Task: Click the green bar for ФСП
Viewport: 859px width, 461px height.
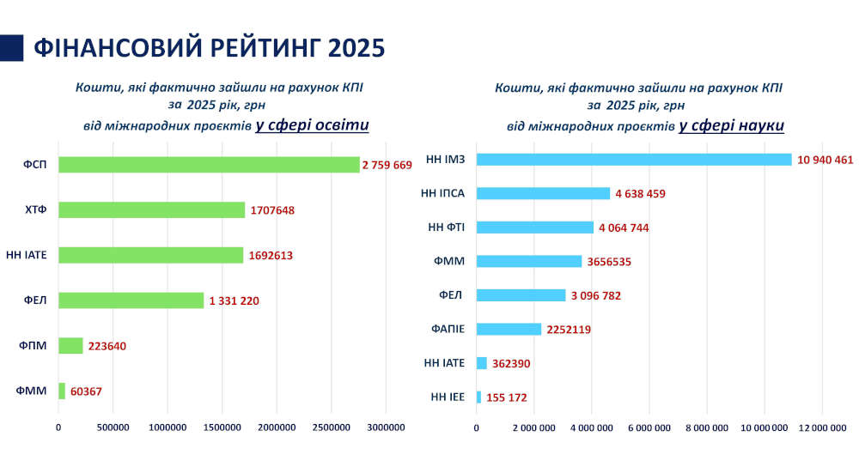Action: [x=209, y=165]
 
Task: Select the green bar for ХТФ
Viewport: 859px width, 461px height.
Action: [x=151, y=209]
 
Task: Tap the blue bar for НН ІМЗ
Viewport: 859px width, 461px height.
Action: [x=633, y=160]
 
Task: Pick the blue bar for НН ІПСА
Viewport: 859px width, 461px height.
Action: [x=543, y=193]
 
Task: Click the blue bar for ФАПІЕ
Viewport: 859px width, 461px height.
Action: [x=509, y=329]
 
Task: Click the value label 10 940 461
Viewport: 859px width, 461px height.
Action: [x=825, y=160]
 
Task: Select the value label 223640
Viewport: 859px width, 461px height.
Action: [x=113, y=346]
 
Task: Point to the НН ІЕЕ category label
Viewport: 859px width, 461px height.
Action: [x=447, y=397]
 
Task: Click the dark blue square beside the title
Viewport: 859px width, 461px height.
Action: [x=12, y=48]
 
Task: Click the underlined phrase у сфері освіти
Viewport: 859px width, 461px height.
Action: [x=312, y=125]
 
